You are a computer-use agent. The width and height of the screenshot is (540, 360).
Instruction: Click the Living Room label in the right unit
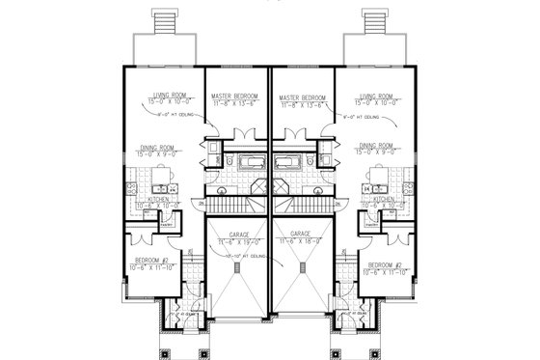pos(377,96)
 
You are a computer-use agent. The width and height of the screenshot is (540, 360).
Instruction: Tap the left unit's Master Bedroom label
pos(236,98)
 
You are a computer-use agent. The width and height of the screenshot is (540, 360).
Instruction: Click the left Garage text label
pos(236,234)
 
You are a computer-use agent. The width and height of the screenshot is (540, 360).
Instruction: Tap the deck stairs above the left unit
pos(161,19)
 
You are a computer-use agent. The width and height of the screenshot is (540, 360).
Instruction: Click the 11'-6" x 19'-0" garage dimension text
pos(236,241)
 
